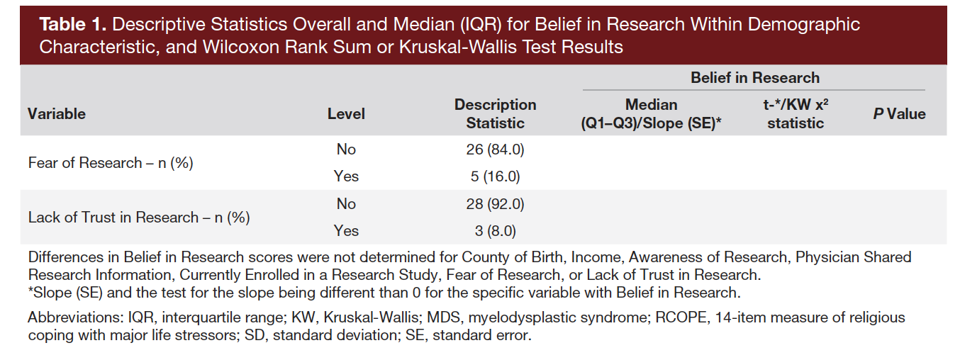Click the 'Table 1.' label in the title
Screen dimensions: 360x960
click(x=72, y=25)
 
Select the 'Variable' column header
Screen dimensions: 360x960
click(x=57, y=113)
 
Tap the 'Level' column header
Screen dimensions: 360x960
click(x=346, y=113)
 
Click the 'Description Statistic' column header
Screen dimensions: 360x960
click(x=495, y=113)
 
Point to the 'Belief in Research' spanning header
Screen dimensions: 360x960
click(x=754, y=78)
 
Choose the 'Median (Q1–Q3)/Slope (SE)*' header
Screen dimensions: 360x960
click(x=651, y=113)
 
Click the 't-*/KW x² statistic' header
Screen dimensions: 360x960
click(x=795, y=113)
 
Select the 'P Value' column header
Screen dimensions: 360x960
click(x=899, y=113)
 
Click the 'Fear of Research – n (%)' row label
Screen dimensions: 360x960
click(x=111, y=163)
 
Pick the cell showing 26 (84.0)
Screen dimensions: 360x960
click(x=495, y=150)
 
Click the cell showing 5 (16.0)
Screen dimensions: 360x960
click(x=495, y=176)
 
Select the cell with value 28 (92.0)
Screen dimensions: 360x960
click(x=495, y=204)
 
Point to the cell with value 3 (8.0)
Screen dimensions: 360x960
click(x=495, y=231)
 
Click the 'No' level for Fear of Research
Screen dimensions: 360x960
click(x=346, y=150)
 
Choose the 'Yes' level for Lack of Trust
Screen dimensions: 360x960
click(x=346, y=231)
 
